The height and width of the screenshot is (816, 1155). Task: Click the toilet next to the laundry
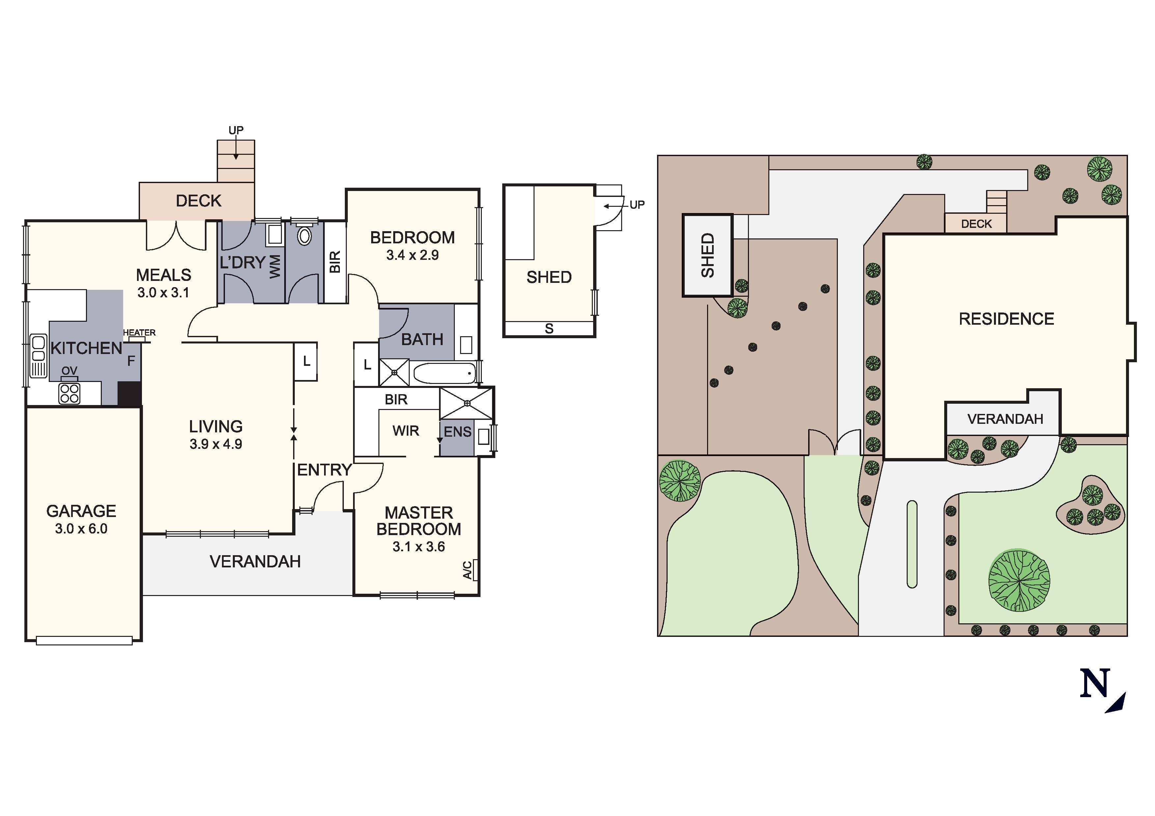click(x=304, y=236)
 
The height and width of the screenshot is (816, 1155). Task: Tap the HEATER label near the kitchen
click(x=139, y=333)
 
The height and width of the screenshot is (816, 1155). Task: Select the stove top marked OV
click(x=69, y=393)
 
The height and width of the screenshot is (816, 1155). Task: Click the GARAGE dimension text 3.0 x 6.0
click(x=81, y=529)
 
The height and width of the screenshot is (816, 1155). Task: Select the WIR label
click(x=405, y=431)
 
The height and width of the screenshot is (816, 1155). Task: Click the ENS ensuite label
click(x=457, y=432)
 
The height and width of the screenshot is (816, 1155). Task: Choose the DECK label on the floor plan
click(x=198, y=201)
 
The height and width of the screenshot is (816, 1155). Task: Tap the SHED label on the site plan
click(x=707, y=255)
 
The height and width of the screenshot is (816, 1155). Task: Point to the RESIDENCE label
click(x=1006, y=319)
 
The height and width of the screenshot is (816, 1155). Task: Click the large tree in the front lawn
click(x=1019, y=580)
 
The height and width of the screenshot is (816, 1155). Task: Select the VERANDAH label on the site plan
click(x=1004, y=419)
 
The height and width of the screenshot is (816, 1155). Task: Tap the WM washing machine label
click(x=275, y=267)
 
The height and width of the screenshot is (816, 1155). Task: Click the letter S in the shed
click(x=549, y=329)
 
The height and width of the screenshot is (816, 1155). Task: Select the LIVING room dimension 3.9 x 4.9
click(x=216, y=444)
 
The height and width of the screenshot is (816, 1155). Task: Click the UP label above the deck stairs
click(x=236, y=130)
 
